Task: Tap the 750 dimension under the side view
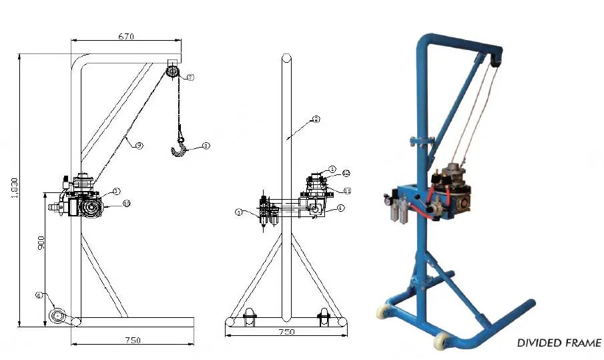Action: [x=132, y=340]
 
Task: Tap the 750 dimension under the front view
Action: [x=286, y=332]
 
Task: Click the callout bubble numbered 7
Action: [x=190, y=77]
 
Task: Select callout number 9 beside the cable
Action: [x=139, y=145]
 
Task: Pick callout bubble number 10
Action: [x=127, y=203]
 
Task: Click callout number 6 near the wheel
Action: [x=39, y=295]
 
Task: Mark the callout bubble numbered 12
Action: [x=346, y=173]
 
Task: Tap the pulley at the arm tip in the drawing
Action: [x=173, y=71]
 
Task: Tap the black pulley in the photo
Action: [x=495, y=60]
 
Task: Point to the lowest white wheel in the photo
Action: [x=441, y=341]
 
